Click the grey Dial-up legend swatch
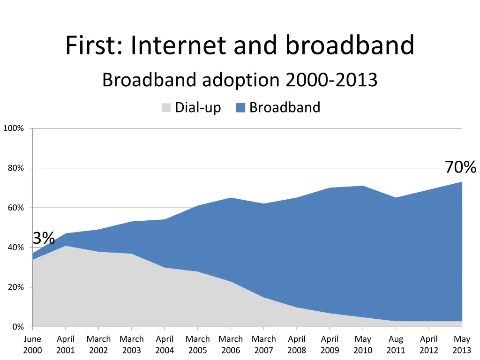pos(166,108)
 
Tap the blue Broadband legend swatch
pos(240,108)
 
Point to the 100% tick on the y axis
pos(13,128)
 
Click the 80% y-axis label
pos(15,168)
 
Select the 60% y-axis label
pos(15,208)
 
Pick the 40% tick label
pos(15,247)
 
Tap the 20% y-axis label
pos(15,287)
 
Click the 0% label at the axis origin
pos(18,327)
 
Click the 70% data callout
pos(460,167)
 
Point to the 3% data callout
pos(44,238)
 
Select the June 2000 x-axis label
pos(32,345)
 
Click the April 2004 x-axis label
pos(165,345)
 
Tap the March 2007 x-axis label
pos(263,345)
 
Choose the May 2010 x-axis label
pos(363,345)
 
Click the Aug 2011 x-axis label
pos(396,345)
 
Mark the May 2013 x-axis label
pos(462,345)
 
